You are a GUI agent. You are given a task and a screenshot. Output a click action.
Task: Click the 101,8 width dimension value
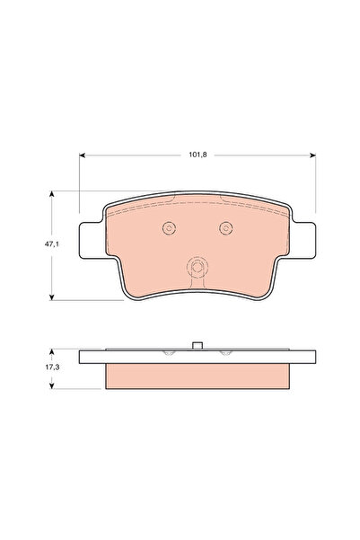(198, 155)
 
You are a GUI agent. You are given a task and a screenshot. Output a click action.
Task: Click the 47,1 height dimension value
(52, 244)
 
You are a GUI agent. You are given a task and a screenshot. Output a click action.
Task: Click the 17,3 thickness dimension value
(52, 367)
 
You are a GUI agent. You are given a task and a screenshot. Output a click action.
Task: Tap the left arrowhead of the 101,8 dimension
(82, 155)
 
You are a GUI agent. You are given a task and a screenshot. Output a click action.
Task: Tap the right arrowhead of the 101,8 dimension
(312, 155)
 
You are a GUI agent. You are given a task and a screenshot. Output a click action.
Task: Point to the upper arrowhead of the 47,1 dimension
(52, 193)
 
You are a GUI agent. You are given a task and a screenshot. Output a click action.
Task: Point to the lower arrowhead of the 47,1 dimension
(52, 297)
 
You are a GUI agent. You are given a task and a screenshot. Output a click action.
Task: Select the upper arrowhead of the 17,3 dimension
(52, 351)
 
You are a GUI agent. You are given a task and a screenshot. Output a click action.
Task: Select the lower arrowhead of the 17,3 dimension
(52, 386)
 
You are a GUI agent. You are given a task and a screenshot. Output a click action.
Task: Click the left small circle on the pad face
(169, 227)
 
